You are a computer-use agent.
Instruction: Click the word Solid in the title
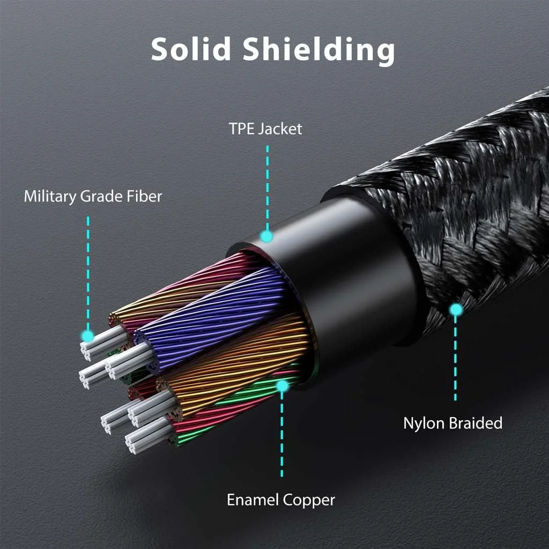click(191, 49)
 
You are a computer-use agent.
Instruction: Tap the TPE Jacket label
click(265, 129)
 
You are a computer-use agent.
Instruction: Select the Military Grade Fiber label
click(93, 197)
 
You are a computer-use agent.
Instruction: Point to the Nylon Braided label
click(452, 423)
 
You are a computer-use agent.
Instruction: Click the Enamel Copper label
click(281, 500)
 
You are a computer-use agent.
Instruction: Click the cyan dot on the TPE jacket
click(266, 236)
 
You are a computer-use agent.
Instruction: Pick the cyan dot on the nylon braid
click(456, 309)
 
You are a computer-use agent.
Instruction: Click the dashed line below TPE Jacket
click(266, 182)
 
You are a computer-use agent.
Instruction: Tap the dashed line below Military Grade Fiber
click(88, 268)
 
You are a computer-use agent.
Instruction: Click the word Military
click(50, 197)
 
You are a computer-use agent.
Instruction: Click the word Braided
click(476, 423)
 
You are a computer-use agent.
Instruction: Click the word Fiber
click(144, 197)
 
